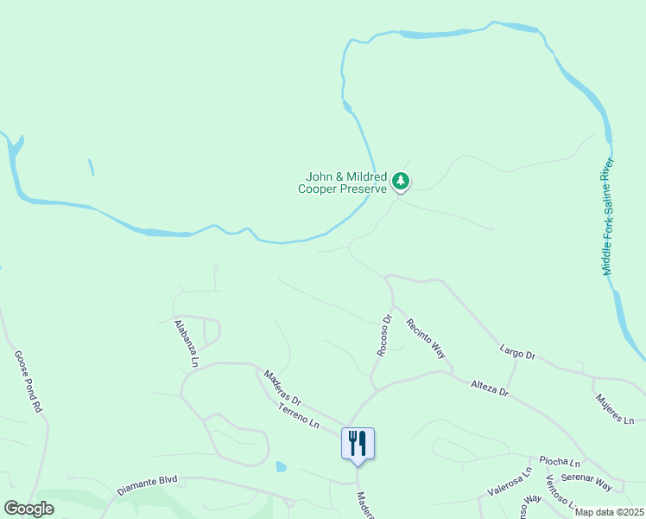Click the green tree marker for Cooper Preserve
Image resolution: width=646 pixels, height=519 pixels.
pyautogui.click(x=400, y=181)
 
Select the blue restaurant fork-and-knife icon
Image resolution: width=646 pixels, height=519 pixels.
pyautogui.click(x=357, y=443)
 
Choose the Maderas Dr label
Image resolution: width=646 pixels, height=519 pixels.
pyautogui.click(x=282, y=389)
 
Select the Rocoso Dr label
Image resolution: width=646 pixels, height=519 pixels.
pyautogui.click(x=385, y=335)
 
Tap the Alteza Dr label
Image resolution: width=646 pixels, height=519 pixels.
pyautogui.click(x=490, y=388)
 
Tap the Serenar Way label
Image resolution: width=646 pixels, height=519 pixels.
pyautogui.click(x=587, y=483)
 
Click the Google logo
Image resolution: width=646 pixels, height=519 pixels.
pyautogui.click(x=28, y=509)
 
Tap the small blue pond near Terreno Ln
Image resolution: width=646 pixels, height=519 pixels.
pyautogui.click(x=282, y=467)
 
